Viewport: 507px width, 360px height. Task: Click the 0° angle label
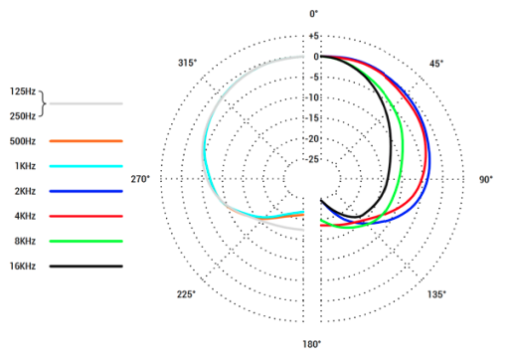[x=313, y=14]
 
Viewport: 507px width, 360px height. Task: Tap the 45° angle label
[x=436, y=64]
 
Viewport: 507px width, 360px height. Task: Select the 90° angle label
[x=486, y=179]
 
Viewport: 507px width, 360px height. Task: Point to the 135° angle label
[x=436, y=294]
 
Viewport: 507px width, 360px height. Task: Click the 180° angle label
[x=312, y=344]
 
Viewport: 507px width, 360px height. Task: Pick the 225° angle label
[x=186, y=294]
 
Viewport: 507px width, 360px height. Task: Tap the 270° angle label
[x=140, y=179]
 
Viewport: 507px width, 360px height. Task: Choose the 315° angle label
[x=187, y=63]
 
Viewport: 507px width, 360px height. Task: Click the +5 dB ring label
[x=313, y=36]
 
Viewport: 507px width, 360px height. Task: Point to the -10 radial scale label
[x=312, y=97]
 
